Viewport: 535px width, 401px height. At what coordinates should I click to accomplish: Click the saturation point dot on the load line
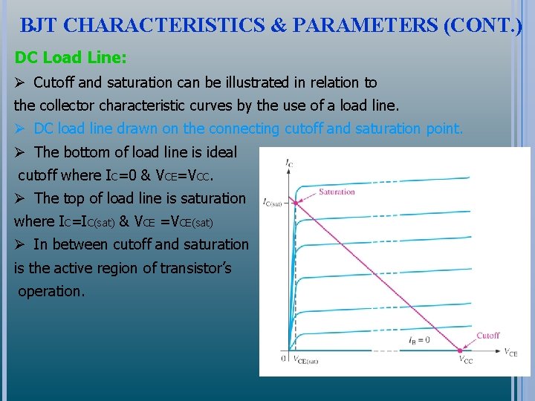point(296,202)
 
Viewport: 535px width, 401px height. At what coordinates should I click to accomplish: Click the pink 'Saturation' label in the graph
point(337,192)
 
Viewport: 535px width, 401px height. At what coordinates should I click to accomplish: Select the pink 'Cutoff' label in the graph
point(487,336)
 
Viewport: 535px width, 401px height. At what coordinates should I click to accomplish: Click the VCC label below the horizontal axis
point(465,360)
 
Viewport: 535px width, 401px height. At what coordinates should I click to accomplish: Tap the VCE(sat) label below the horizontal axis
point(305,361)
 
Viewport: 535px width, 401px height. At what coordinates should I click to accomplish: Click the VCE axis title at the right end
point(510,352)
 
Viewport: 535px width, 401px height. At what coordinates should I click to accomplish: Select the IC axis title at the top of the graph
point(288,162)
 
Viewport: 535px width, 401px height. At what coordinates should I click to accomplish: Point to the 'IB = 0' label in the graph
point(418,340)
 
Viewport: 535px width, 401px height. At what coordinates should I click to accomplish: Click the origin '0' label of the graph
point(283,359)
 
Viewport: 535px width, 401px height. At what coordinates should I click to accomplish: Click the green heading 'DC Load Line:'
point(71,57)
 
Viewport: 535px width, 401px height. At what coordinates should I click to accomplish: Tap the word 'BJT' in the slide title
point(39,25)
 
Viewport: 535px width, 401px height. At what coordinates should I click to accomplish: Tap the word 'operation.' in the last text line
point(51,291)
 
